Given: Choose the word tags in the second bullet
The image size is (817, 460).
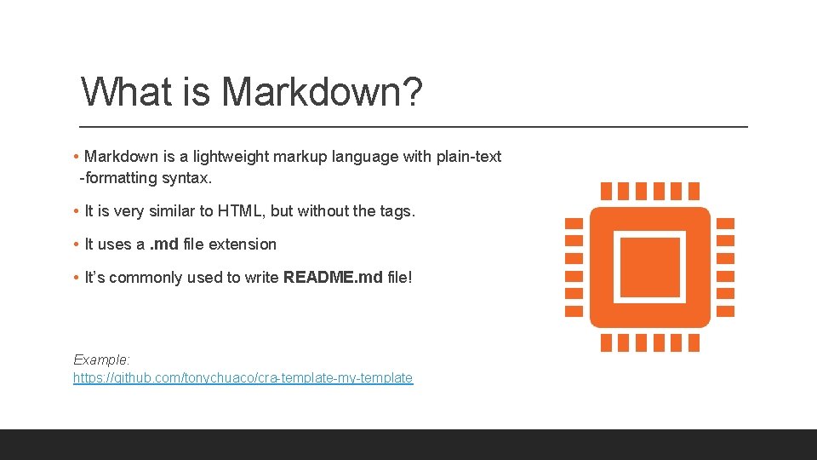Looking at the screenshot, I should pyautogui.click(x=395, y=210).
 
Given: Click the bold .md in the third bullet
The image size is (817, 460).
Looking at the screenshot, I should pyautogui.click(x=163, y=244).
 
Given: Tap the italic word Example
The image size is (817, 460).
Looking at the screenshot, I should pyautogui.click(x=101, y=359).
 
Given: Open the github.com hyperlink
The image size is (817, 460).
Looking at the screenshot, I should pyautogui.click(x=243, y=377).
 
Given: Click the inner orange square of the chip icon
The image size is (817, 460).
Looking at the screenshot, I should pyautogui.click(x=649, y=267).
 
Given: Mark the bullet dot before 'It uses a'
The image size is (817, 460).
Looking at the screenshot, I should pyautogui.click(x=77, y=244).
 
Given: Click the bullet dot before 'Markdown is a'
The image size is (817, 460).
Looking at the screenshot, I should pyautogui.click(x=77, y=157).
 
